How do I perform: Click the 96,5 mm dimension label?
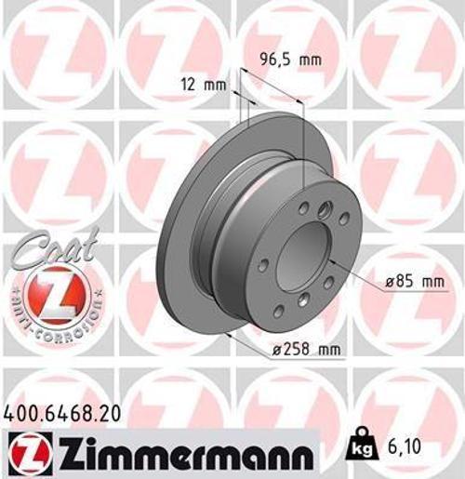point(288,60)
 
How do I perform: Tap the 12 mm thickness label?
point(206,86)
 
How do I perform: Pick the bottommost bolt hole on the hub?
point(304,299)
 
